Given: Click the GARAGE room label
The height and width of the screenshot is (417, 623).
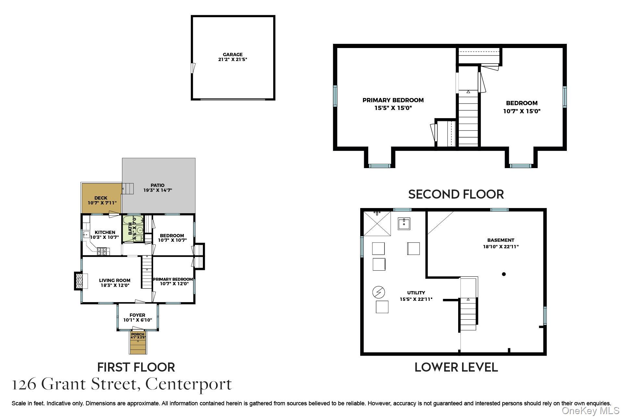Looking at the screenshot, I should coord(233,55).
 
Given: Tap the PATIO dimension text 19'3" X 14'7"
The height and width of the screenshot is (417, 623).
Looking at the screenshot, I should coord(158,190).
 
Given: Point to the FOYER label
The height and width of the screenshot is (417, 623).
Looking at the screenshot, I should coord(137,315).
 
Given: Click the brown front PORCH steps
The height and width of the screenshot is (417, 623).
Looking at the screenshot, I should coord(138,346).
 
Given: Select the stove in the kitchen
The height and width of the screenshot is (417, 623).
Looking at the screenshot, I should coord(104,251).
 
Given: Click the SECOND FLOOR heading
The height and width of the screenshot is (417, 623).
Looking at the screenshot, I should coord(456,194).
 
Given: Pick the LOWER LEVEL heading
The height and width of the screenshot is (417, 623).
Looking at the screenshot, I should coord(456,367).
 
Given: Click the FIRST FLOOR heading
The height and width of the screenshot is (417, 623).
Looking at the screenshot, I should coord(136,367).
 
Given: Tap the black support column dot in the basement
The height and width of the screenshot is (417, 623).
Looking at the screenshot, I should coord(504,274).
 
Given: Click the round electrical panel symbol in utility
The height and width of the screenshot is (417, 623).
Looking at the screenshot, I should coord(379,292).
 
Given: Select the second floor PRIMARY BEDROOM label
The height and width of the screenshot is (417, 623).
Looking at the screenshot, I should coord(393,100).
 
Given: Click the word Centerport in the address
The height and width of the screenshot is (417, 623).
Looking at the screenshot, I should coord(189,384).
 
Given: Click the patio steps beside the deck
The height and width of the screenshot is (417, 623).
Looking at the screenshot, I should coord(128,189).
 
